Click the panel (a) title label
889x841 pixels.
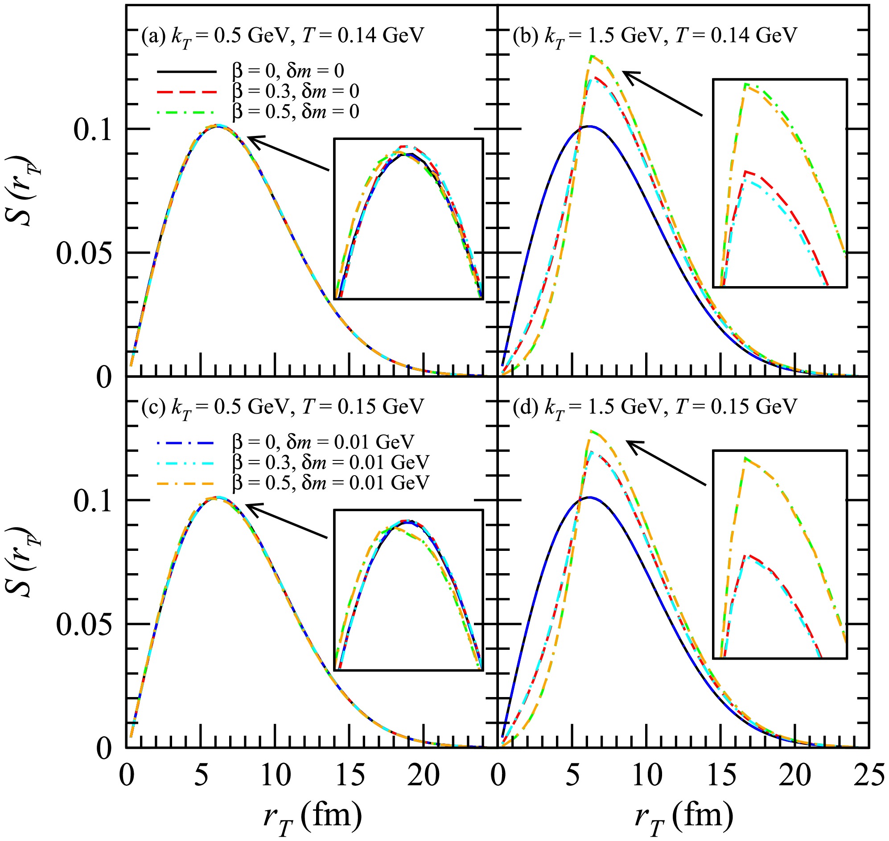(283, 36)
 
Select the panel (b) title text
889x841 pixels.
(655, 36)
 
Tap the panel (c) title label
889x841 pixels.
(283, 407)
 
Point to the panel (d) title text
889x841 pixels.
(655, 407)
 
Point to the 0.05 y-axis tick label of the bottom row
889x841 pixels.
(83, 625)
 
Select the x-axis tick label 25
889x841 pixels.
(869, 776)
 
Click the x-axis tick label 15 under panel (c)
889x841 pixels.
(350, 776)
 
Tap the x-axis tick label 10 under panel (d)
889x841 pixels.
(647, 776)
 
